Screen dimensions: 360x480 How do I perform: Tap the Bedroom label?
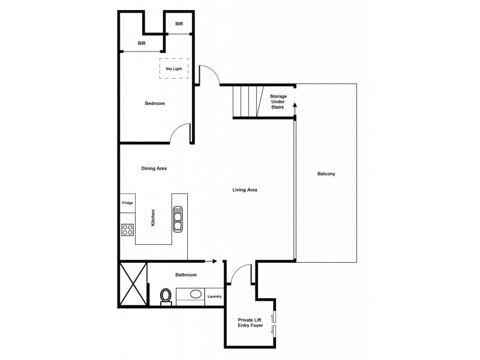[x=155, y=103]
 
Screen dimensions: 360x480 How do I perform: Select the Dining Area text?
[x=154, y=169]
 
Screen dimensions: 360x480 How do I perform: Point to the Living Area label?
[x=245, y=190]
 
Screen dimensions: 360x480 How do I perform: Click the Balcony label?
[x=326, y=174]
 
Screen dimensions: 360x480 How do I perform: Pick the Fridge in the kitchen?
[x=127, y=203]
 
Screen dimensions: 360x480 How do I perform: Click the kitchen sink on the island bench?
[x=178, y=219]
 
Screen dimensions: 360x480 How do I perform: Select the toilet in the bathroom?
[x=166, y=296]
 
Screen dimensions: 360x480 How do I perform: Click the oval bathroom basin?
[x=196, y=295]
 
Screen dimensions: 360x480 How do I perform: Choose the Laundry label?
[x=215, y=296]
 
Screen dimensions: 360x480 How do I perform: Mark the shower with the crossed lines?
[x=133, y=284]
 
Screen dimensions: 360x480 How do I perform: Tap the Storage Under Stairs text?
[x=278, y=101]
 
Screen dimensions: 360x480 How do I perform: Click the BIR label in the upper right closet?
[x=179, y=24]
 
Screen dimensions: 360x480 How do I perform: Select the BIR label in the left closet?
[x=142, y=43]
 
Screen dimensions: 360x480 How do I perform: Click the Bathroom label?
[x=185, y=275]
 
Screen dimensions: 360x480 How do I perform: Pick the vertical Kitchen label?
[x=154, y=217]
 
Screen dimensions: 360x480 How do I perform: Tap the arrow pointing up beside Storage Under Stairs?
[x=295, y=108]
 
